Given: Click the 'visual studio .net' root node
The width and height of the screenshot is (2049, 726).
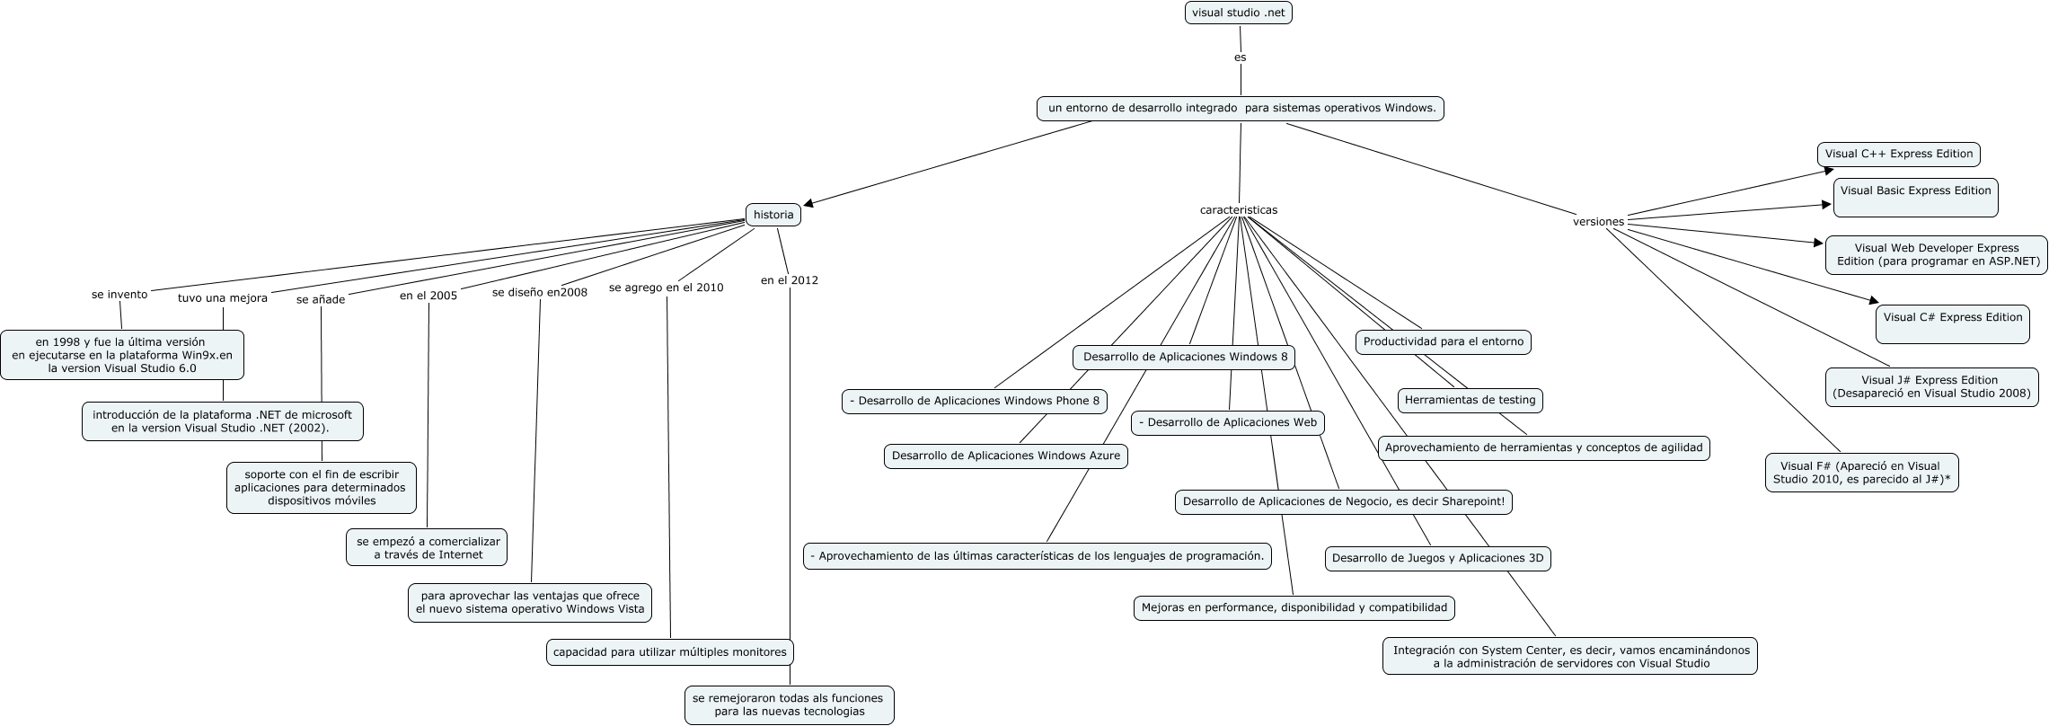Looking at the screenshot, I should point(1238,13).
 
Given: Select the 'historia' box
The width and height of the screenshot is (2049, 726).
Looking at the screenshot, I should point(773,215).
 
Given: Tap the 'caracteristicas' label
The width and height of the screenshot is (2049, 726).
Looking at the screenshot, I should point(1238,210).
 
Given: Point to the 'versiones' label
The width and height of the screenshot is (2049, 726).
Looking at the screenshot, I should point(1598,221).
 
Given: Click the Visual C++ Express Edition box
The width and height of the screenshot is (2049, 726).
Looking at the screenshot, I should point(1898,154).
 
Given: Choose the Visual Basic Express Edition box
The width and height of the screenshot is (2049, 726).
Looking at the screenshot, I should point(1915,197).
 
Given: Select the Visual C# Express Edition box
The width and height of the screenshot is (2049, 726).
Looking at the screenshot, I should point(1952,323).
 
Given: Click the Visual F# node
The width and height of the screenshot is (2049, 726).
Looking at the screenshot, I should point(1860,473).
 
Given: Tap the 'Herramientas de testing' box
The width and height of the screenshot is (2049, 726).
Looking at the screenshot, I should point(1470,400).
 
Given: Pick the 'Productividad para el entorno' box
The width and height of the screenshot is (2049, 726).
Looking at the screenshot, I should point(1443,341).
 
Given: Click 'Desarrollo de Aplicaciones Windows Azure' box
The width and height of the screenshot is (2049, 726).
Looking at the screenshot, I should point(1005,456).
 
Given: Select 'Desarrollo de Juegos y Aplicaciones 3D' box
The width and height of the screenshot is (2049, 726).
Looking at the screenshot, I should point(1437,558).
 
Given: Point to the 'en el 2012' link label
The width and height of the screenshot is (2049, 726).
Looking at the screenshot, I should point(789,280).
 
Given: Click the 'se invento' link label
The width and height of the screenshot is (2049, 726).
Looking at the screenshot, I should point(119,295).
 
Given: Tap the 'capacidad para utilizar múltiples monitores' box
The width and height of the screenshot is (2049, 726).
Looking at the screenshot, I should point(669,652).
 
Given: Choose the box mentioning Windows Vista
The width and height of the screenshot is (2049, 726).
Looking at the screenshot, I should point(529,602).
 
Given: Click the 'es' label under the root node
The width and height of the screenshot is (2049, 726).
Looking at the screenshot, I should point(1240,57).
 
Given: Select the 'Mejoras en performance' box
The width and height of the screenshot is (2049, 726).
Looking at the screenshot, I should point(1294,607).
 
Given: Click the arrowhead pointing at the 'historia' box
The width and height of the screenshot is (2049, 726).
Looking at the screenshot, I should point(808,204).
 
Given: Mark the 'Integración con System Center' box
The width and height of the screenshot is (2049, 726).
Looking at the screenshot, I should point(1570,656).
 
